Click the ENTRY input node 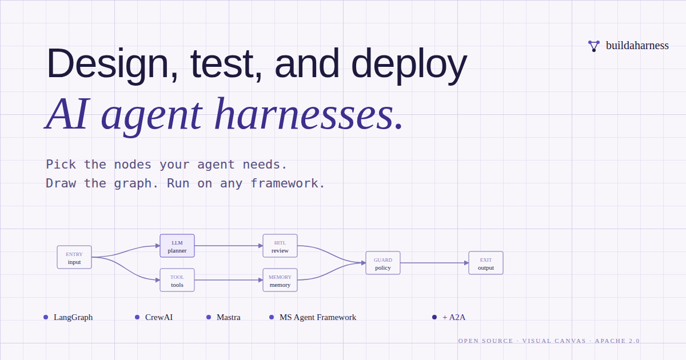click(x=74, y=257)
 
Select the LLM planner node click(x=177, y=246)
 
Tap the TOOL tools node click(x=177, y=280)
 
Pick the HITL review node click(x=280, y=246)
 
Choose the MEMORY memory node click(x=280, y=280)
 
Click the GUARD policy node click(x=383, y=263)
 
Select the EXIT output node click(x=486, y=263)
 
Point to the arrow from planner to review click(x=229, y=246)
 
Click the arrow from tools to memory click(x=229, y=280)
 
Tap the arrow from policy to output click(x=434, y=263)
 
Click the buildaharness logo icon click(x=594, y=46)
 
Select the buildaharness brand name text click(x=637, y=46)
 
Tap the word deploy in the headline click(x=409, y=65)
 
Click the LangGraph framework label click(x=73, y=317)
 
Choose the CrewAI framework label click(x=159, y=317)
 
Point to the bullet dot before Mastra click(x=209, y=317)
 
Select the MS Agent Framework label click(x=318, y=317)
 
